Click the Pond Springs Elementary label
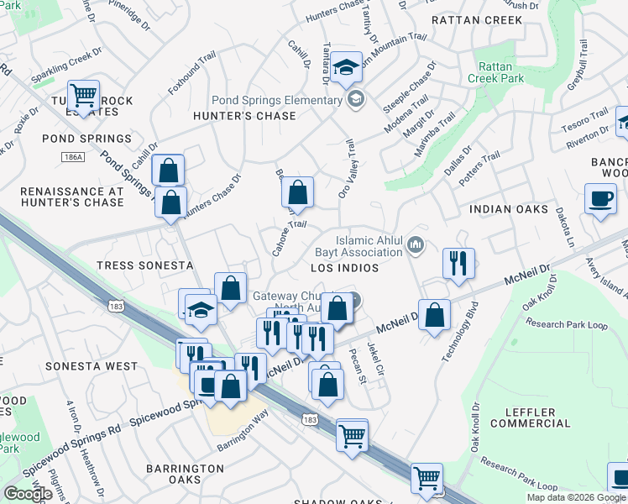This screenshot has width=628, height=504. [x=278, y=100]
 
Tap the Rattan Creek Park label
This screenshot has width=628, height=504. [x=500, y=72]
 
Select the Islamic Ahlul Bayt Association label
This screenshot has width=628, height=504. [x=369, y=246]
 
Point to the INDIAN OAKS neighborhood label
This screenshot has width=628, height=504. [x=509, y=209]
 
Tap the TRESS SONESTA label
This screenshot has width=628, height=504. [x=145, y=265]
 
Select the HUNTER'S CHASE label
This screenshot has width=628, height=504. [x=244, y=116]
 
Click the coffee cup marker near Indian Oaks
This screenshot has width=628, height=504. [x=600, y=200]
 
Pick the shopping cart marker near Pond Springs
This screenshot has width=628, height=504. [x=84, y=94]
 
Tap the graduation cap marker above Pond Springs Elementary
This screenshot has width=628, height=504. [x=345, y=67]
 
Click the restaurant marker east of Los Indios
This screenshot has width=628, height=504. [x=458, y=264]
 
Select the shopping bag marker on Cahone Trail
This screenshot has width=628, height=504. [x=298, y=193]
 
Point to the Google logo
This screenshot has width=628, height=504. [x=29, y=494]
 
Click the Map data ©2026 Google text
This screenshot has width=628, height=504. [x=576, y=497]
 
